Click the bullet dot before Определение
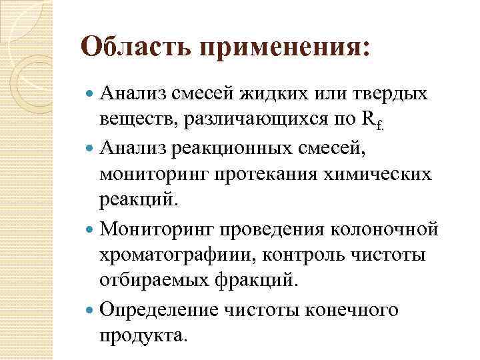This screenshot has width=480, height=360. coord(91,309)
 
